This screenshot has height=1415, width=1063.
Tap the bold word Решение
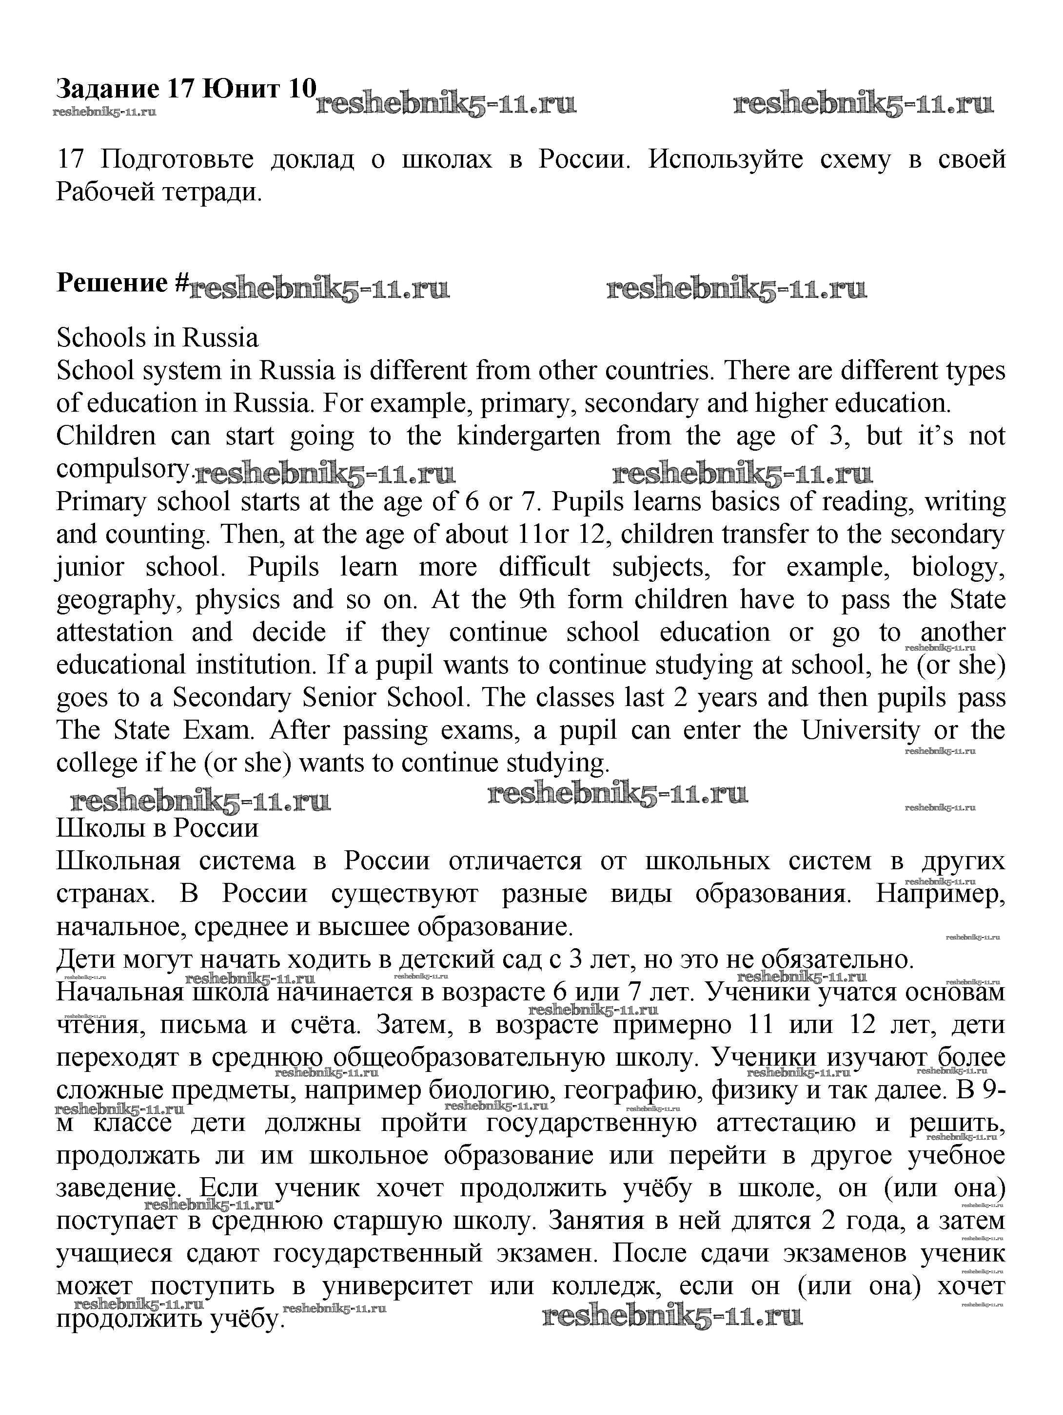(x=112, y=282)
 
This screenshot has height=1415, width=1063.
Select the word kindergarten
(x=528, y=436)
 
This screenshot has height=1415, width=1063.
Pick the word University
(x=860, y=730)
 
